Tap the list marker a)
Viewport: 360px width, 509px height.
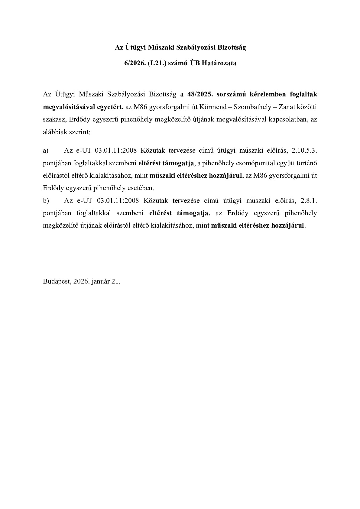click(x=46, y=151)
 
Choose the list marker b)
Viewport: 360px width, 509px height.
click(x=46, y=200)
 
